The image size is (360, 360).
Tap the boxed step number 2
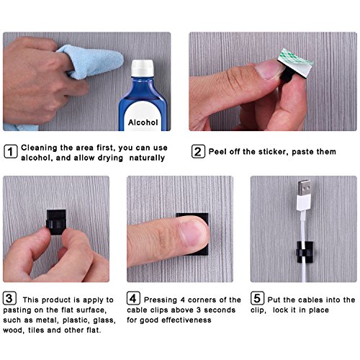[x=197, y=152]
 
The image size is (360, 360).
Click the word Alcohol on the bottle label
[x=143, y=122]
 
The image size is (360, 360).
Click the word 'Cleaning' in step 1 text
[x=43, y=147]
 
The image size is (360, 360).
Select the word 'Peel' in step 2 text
[x=219, y=152]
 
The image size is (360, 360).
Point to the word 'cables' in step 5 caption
[x=308, y=300]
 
